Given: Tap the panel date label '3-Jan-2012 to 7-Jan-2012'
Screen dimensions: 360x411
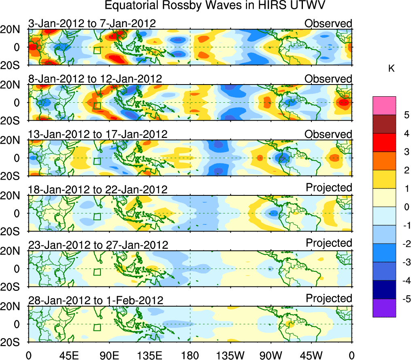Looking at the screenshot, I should tap(92, 23).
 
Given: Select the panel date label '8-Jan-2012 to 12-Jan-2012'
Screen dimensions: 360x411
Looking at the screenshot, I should tap(95, 79).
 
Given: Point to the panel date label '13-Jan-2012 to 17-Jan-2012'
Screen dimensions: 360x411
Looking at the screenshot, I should tap(98, 134).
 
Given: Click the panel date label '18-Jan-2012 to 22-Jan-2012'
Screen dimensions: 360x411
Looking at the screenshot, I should tap(98, 190).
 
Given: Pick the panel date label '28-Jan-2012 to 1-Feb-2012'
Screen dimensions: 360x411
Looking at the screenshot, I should tap(96, 301).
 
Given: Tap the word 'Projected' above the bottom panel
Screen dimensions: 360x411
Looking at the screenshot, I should tap(329, 299).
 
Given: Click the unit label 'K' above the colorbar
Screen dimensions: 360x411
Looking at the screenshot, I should tap(391, 69).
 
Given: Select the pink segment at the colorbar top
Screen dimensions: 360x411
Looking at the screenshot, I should tap(384, 106).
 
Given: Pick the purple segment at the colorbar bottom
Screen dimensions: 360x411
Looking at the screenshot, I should tap(384, 308).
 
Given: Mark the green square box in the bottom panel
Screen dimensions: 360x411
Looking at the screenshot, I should tap(97, 327).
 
